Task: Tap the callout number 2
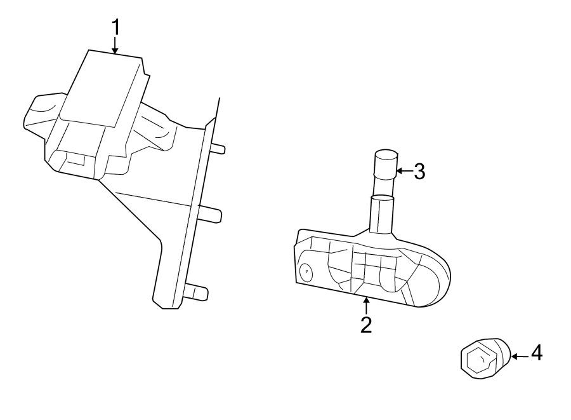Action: (365, 325)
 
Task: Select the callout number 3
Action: (419, 171)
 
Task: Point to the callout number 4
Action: (536, 353)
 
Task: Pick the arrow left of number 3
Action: (404, 171)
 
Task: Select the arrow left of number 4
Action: (519, 356)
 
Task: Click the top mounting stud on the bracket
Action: (217, 149)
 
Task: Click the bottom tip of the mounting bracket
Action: (167, 304)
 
